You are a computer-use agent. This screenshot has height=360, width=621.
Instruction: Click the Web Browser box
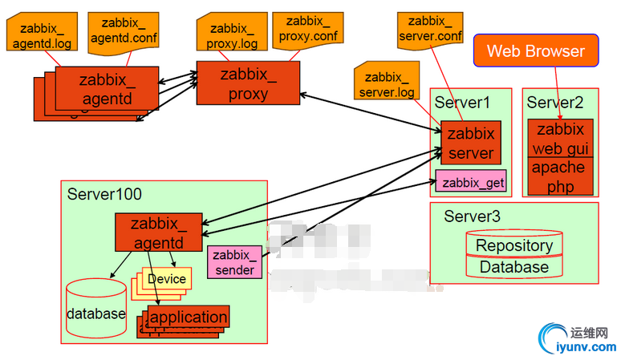coord(536,51)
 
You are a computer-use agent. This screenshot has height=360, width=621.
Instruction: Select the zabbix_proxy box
coord(248,83)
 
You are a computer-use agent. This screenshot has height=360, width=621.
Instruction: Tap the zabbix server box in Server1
coord(471,143)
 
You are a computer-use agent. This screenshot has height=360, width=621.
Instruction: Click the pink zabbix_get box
coord(473,182)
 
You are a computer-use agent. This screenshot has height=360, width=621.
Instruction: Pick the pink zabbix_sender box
coord(234,262)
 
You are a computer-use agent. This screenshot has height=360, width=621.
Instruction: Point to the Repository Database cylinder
coord(514,255)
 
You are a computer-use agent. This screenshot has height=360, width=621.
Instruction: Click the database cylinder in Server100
coord(95,311)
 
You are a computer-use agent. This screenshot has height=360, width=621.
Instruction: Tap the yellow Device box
coord(167,278)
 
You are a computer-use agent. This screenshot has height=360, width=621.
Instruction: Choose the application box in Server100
coord(189,317)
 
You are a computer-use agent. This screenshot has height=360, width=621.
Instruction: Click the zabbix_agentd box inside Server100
coord(158,232)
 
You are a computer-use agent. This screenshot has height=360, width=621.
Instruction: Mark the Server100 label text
coord(104,194)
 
